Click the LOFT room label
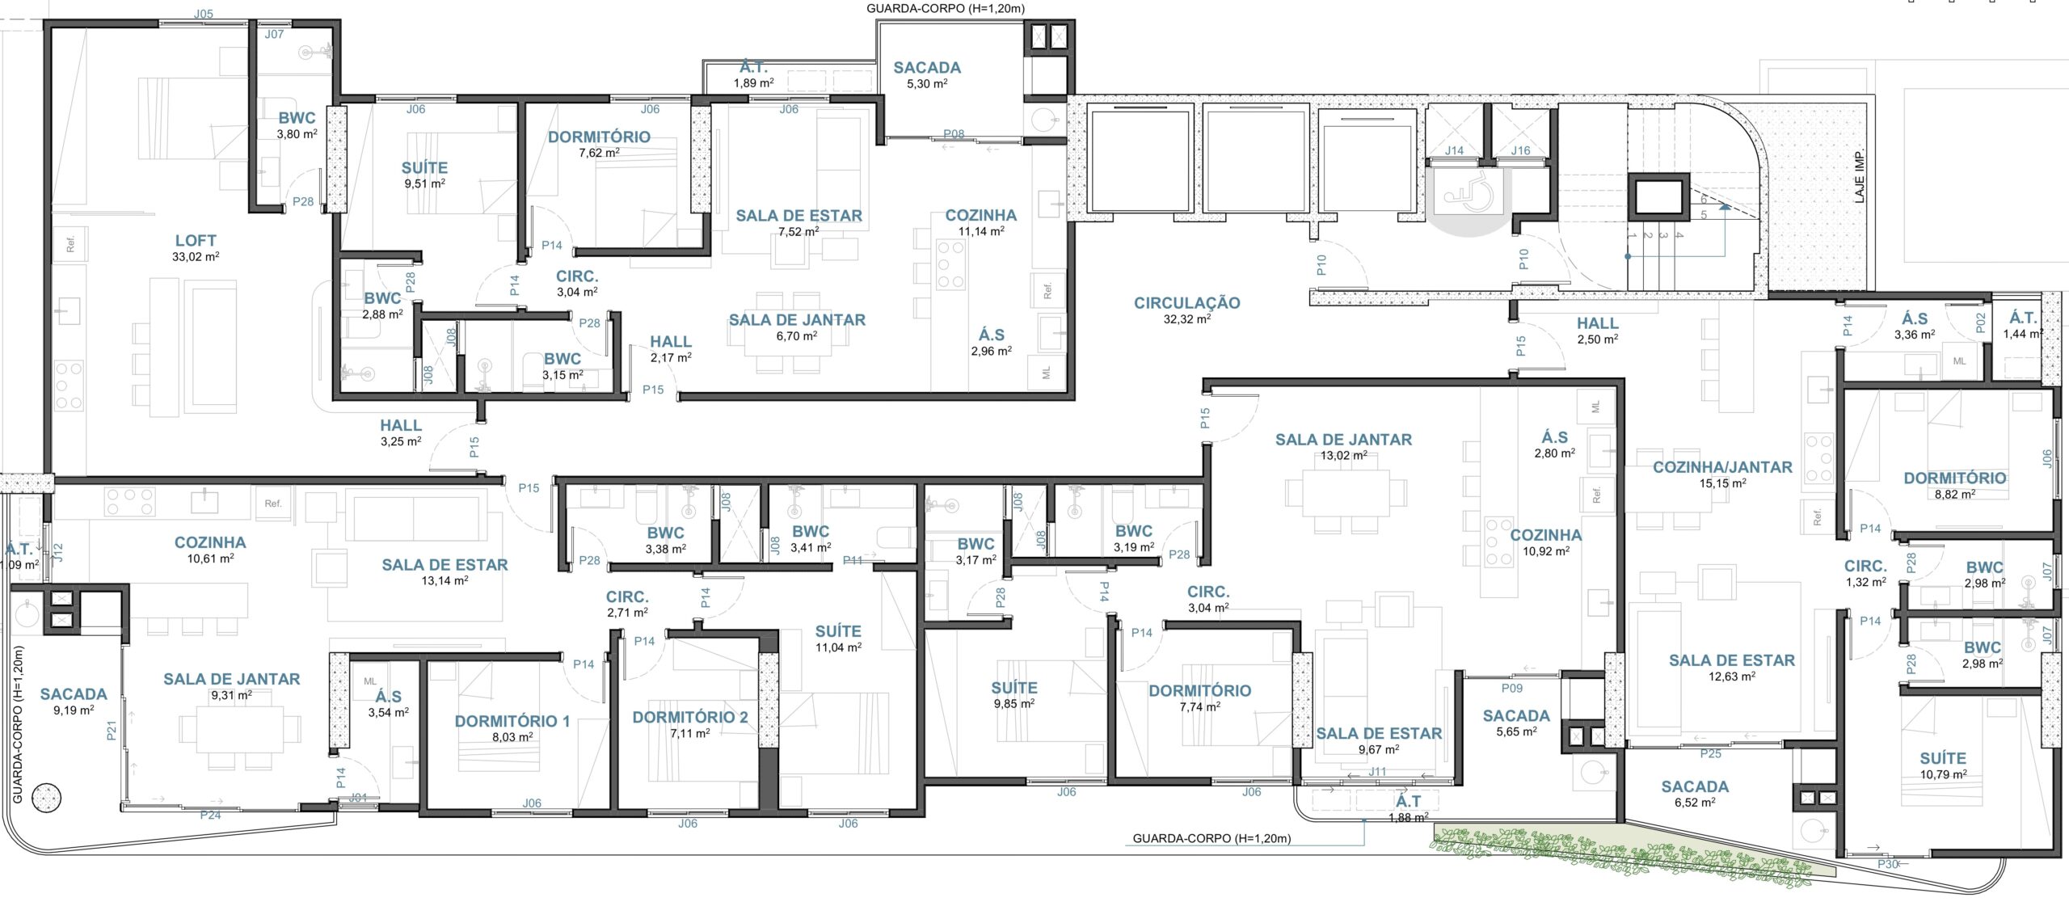(x=196, y=240)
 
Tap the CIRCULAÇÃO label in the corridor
(x=1186, y=303)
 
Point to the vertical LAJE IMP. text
(x=1853, y=176)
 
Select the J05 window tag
(x=204, y=14)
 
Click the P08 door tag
(x=954, y=134)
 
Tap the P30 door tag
(x=1888, y=864)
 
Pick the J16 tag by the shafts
(x=1520, y=150)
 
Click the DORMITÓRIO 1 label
(x=512, y=722)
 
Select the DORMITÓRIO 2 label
(x=689, y=717)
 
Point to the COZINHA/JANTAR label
(x=1722, y=467)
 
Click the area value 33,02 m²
(x=196, y=257)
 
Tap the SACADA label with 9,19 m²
(x=74, y=694)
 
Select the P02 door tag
(x=1980, y=323)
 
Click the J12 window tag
(x=57, y=553)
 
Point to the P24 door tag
(x=210, y=815)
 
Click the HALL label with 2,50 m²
(x=1597, y=323)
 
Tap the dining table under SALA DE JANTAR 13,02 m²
(x=1346, y=491)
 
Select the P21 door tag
(x=112, y=731)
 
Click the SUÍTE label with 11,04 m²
(x=838, y=631)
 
